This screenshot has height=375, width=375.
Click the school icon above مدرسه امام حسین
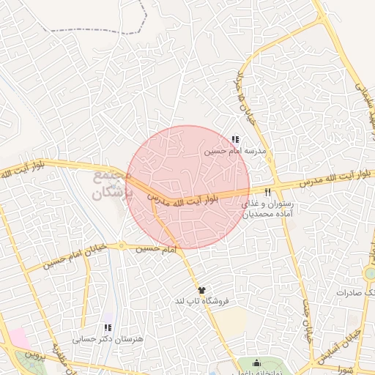pyautogui.click(x=234, y=139)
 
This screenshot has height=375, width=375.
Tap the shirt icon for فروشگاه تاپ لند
pyautogui.click(x=201, y=291)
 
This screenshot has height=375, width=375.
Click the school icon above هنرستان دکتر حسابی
pyautogui.click(x=108, y=328)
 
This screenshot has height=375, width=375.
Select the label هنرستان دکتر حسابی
pyautogui.click(x=109, y=339)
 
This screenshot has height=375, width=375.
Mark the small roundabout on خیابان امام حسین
pyautogui.click(x=122, y=246)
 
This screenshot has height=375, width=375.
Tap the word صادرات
pyautogui.click(x=351, y=292)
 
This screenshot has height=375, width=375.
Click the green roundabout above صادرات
pyautogui.click(x=371, y=273)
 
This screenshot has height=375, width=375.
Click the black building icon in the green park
pyautogui.click(x=256, y=363)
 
